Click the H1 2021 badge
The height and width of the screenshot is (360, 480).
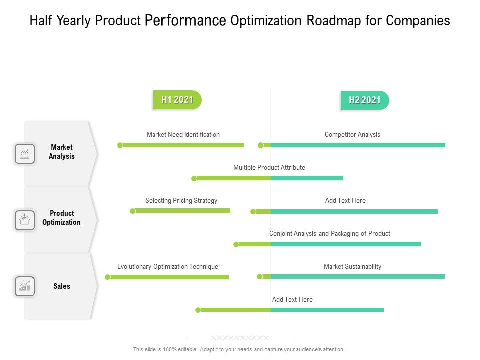(177, 100)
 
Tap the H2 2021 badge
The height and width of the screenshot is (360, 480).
(365, 100)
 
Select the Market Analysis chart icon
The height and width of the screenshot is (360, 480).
(25, 154)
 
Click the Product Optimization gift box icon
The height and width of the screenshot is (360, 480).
(25, 220)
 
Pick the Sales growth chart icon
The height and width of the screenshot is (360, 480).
(25, 286)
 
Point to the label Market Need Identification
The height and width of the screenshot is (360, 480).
(183, 134)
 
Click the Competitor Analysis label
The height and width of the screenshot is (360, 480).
(352, 134)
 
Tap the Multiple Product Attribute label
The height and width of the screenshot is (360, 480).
(269, 167)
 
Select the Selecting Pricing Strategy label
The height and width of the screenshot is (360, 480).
(181, 200)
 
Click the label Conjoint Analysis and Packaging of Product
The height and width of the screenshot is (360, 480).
(330, 233)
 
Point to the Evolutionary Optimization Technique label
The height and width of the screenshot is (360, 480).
(168, 266)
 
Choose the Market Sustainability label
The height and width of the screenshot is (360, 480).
(352, 266)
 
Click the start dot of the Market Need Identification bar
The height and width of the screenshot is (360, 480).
(120, 145)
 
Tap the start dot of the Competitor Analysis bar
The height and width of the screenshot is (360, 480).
(261, 145)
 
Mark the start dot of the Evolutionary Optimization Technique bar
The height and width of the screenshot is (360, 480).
(108, 277)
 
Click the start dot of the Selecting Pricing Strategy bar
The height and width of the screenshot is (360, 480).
(133, 211)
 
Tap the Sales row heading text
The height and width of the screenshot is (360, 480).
(62, 286)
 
